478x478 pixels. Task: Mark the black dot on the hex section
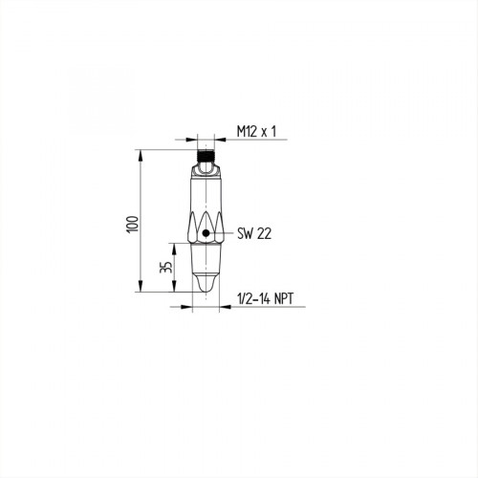206,233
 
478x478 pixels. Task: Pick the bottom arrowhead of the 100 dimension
141,292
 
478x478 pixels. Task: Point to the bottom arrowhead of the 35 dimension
175,292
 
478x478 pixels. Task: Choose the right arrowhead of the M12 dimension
220,141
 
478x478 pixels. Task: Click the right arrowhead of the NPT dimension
224,307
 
